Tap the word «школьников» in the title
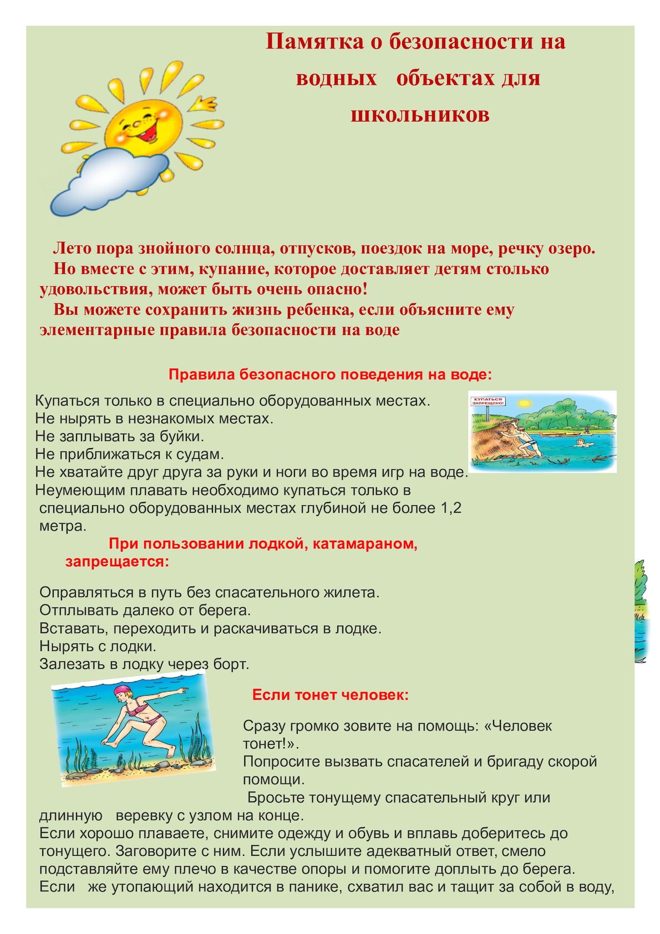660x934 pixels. (420, 114)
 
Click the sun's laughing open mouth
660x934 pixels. (135, 133)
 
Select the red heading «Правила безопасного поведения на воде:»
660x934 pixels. (330, 374)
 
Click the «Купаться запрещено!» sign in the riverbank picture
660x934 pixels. (487, 402)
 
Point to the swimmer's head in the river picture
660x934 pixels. (580, 441)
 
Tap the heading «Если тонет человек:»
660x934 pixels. (331, 695)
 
